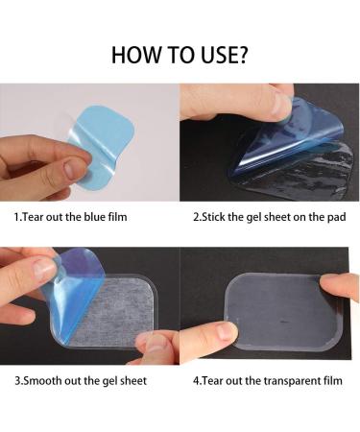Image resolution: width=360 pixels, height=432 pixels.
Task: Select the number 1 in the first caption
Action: coord(15,217)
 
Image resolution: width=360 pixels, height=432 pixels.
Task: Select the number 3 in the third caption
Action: coord(15,381)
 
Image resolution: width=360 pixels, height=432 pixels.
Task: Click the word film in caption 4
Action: coord(331,381)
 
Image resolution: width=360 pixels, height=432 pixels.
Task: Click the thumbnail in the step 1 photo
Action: coord(76,169)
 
